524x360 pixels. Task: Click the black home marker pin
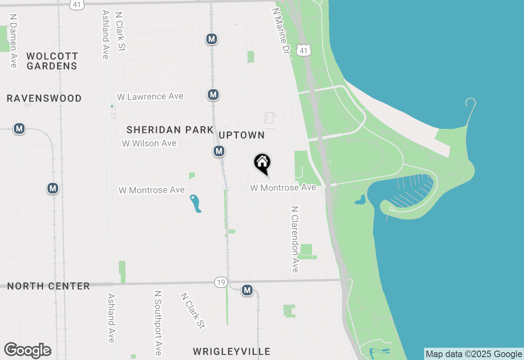(x=262, y=163)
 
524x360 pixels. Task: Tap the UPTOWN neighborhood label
(x=242, y=135)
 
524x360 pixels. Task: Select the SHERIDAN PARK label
(x=170, y=130)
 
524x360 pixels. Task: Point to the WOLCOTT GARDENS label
(x=52, y=61)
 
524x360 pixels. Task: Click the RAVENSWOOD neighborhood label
(x=44, y=99)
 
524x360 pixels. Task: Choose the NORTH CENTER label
(x=48, y=286)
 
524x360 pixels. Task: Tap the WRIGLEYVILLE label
(x=231, y=351)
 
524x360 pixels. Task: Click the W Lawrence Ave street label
(x=150, y=97)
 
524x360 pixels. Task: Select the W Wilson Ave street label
(x=149, y=143)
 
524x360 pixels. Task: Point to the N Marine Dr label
(x=280, y=31)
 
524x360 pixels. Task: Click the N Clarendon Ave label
(x=295, y=239)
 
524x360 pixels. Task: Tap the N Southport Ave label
(x=158, y=323)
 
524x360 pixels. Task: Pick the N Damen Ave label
(x=14, y=41)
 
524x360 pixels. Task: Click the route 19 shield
(x=221, y=282)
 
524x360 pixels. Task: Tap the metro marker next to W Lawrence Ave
(x=213, y=95)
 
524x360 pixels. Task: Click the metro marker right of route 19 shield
(x=247, y=290)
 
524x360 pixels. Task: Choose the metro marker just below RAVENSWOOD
(x=19, y=128)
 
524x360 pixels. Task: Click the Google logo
(x=28, y=350)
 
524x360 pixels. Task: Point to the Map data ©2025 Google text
(x=474, y=354)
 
